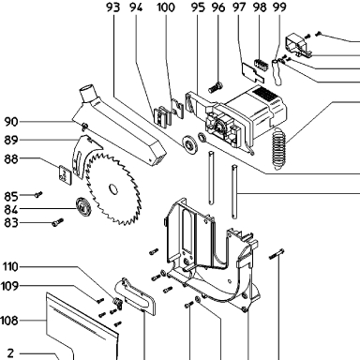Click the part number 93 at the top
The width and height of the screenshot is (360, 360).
tap(112, 7)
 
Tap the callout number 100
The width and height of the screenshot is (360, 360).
tap(166, 7)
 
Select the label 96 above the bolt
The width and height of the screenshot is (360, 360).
tap(218, 7)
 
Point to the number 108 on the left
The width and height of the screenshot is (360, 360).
tap(9, 321)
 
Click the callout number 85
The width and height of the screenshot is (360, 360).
tap(11, 196)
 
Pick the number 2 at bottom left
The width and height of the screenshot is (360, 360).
tap(10, 353)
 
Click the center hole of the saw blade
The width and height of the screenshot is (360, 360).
tap(113, 189)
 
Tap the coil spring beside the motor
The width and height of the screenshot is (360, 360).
tap(279, 148)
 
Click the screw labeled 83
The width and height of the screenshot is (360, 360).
tap(58, 222)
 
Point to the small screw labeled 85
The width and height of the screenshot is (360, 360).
tap(38, 195)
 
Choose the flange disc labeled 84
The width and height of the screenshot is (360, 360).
tap(83, 206)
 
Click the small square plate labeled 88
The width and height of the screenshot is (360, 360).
tap(65, 174)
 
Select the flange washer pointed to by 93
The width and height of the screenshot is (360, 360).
tap(189, 143)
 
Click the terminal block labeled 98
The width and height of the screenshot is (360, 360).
tap(262, 65)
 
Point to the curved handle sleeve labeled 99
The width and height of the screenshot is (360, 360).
tap(277, 71)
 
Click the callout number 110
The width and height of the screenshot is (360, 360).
tap(10, 267)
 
